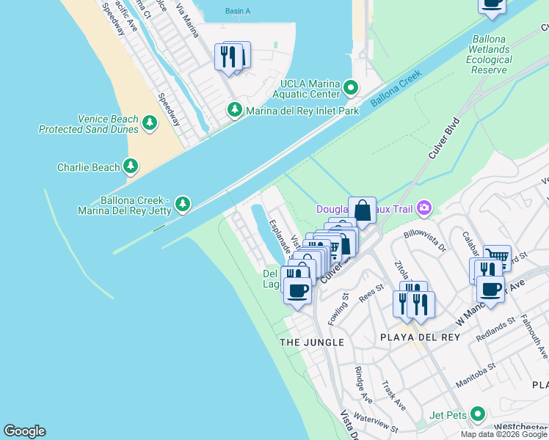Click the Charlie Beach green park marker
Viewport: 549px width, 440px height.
pyautogui.click(x=131, y=166)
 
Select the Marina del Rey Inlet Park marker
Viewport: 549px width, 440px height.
pyautogui.click(x=235, y=111)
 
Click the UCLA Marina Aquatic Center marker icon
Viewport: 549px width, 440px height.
pyautogui.click(x=351, y=89)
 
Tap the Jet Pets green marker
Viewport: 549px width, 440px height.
pyautogui.click(x=478, y=414)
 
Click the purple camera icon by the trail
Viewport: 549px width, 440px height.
pyautogui.click(x=423, y=209)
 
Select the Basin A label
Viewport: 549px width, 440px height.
pyautogui.click(x=237, y=11)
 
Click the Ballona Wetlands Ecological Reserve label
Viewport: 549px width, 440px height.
pyautogui.click(x=490, y=54)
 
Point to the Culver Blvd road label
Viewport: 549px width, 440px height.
pyautogui.click(x=443, y=138)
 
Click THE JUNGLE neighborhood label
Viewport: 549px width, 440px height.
pyautogui.click(x=311, y=342)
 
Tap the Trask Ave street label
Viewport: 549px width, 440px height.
pyautogui.click(x=393, y=395)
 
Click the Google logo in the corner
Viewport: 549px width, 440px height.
pyautogui.click(x=24, y=431)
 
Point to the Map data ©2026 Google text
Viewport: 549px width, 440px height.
pyautogui.click(x=503, y=434)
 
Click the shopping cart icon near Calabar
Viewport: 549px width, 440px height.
pyautogui.click(x=498, y=257)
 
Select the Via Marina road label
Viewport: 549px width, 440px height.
pyautogui.click(x=186, y=19)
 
